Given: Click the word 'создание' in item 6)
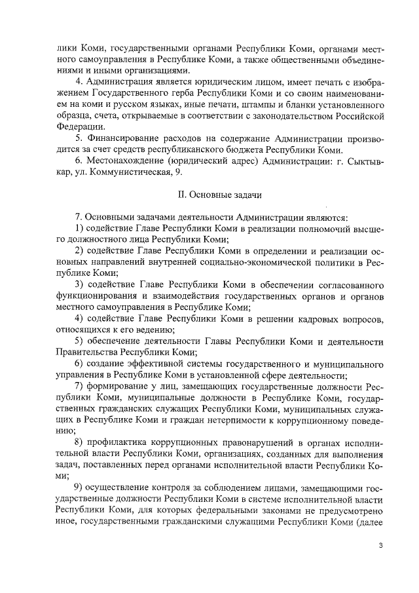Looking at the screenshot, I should click(x=111, y=364).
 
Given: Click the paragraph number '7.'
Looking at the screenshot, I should click(x=79, y=217).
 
